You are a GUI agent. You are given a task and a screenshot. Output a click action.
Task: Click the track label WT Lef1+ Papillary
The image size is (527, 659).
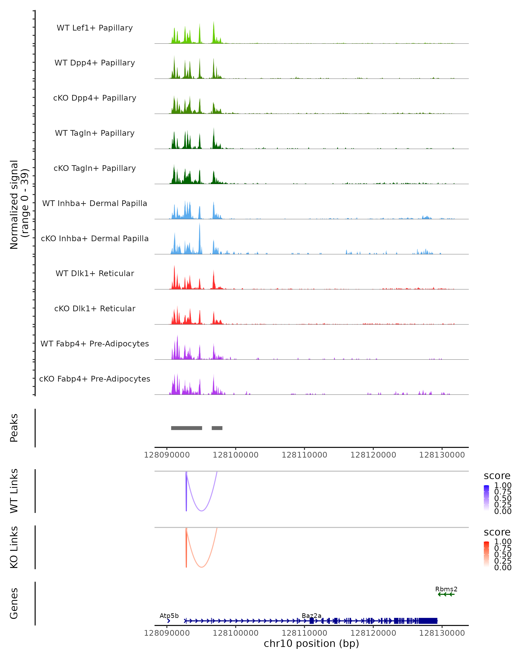tap(95, 28)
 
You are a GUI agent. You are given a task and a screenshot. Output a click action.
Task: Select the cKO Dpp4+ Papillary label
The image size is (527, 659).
tap(95, 98)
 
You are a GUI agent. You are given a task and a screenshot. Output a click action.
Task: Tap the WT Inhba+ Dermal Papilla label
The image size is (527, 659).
tap(95, 204)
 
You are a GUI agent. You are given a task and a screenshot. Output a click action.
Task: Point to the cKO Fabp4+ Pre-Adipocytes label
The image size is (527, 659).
tap(95, 379)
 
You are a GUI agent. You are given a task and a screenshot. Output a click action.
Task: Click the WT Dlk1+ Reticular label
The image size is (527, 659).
tap(95, 273)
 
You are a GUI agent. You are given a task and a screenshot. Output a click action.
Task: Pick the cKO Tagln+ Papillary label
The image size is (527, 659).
tap(95, 168)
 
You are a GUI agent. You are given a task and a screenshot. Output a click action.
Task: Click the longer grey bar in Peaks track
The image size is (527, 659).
tap(186, 428)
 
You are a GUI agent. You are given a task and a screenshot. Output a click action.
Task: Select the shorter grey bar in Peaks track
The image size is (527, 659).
tap(217, 428)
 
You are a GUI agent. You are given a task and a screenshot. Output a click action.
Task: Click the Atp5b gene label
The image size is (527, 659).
tap(169, 616)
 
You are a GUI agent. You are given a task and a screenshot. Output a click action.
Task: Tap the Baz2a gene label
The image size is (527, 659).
tap(311, 616)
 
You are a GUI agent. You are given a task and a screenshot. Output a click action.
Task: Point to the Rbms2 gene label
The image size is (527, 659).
tap(446, 589)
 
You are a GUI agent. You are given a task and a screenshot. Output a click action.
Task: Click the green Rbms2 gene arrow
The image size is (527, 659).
tap(446, 594)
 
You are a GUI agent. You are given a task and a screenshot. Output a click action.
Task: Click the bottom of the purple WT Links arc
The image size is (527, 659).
tap(202, 511)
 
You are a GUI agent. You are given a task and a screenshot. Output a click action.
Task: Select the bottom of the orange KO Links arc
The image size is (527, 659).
tap(202, 567)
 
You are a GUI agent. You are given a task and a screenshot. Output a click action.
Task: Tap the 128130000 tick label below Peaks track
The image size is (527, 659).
tap(442, 455)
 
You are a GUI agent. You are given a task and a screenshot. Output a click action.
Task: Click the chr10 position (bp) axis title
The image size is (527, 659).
tap(311, 644)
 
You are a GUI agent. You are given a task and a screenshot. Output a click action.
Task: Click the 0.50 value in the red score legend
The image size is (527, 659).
tap(503, 554)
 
